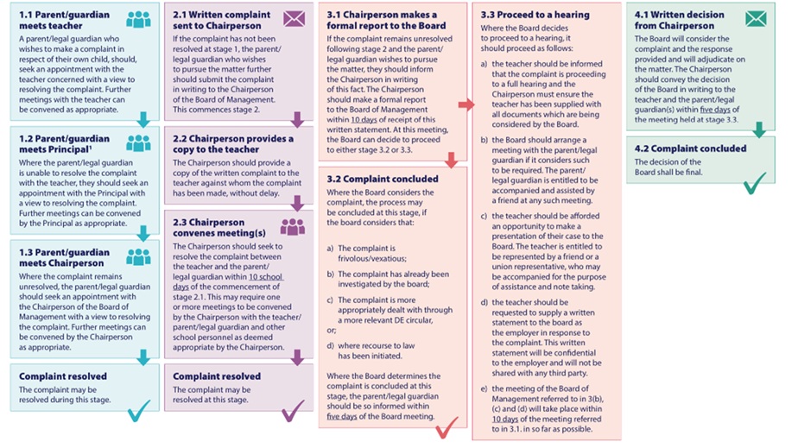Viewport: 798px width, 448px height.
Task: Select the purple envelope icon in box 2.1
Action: coord(294,17)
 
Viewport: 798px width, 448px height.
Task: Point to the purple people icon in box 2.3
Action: coord(293,226)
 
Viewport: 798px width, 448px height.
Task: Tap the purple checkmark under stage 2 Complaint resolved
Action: coord(293,410)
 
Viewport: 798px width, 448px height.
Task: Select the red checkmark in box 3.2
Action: coord(447,426)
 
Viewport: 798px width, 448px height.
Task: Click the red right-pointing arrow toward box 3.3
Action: coord(465,104)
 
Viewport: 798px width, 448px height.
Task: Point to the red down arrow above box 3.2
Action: coord(449,160)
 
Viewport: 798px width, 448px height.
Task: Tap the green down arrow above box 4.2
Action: coord(759,129)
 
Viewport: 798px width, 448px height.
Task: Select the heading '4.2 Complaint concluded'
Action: coord(690,148)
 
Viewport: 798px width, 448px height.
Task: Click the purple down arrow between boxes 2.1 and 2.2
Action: coord(296,119)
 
